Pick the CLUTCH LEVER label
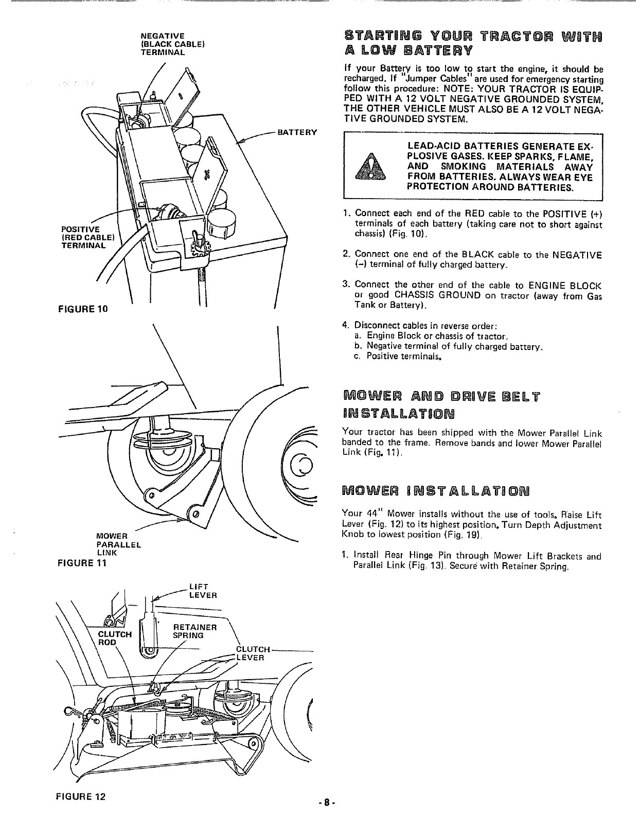point(252,653)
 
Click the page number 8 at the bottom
point(327,802)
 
